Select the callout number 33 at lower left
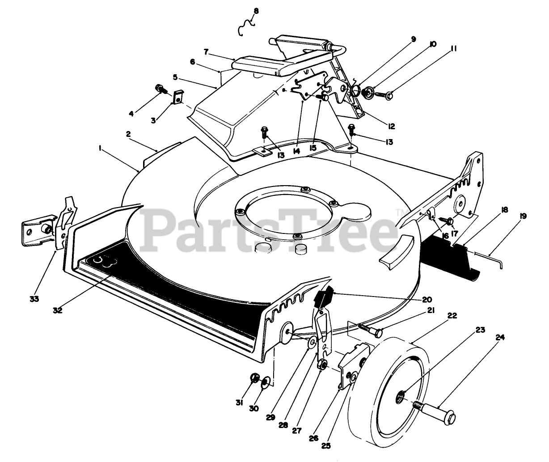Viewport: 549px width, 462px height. (34, 299)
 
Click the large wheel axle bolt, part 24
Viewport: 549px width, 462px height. (436, 411)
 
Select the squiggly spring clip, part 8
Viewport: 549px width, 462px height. (245, 28)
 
